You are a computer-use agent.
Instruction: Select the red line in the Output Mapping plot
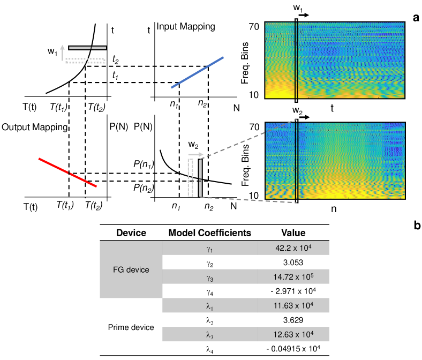pos(67,172)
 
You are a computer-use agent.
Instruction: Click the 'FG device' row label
pos(132,269)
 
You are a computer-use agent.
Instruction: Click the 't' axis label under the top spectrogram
pos(332,108)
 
